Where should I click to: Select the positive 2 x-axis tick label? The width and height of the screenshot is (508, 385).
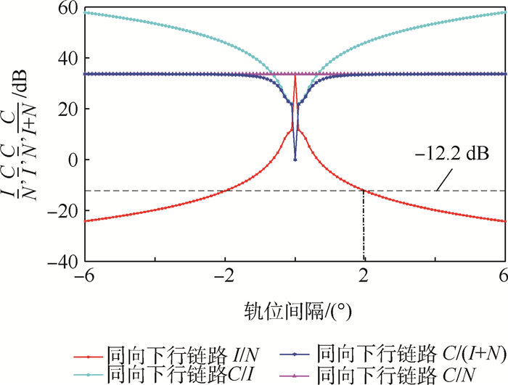364,278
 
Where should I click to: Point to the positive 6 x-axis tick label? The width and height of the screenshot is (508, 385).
502,278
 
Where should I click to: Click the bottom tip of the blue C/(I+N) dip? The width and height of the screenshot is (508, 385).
295,160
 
